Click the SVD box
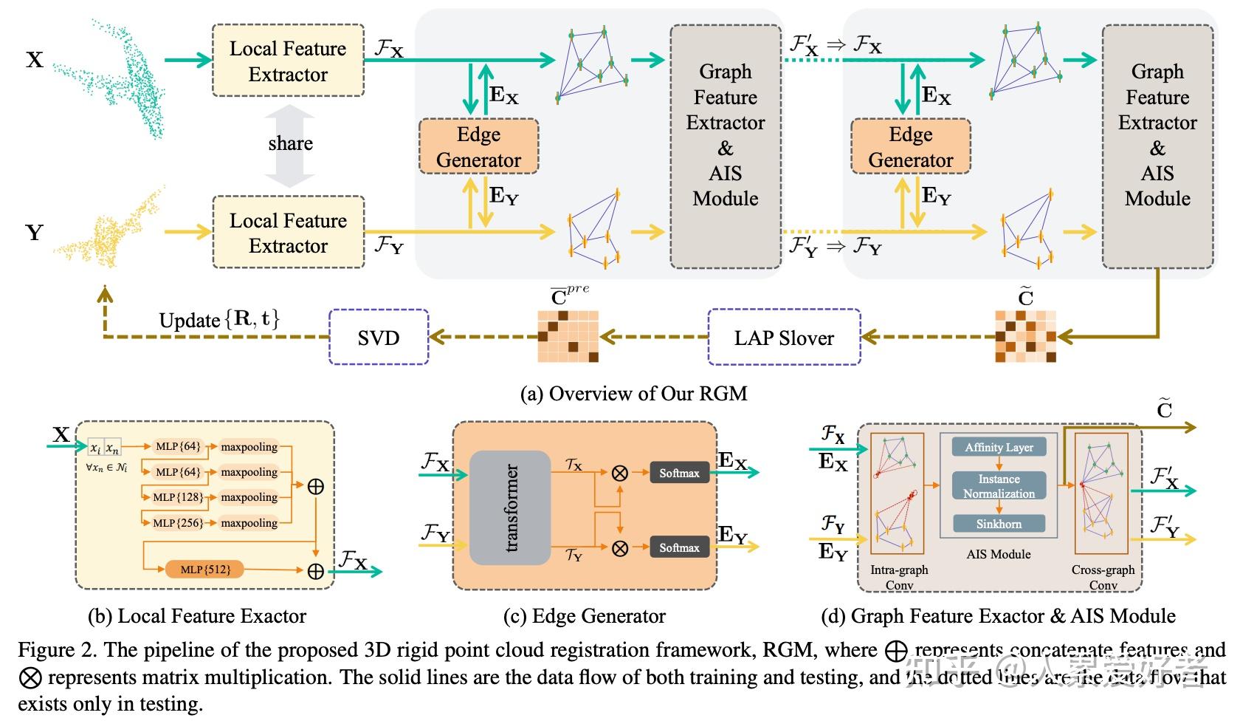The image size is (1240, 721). pos(379,338)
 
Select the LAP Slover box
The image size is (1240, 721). pos(784,338)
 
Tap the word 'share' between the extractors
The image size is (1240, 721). pos(290,143)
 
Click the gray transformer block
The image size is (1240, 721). pos(510,508)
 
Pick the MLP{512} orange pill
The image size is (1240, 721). pos(204,570)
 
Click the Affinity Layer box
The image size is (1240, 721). pos(999,447)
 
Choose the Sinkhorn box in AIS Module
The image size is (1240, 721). pos(999,524)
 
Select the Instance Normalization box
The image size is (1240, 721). pos(999,486)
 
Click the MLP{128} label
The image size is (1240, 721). pos(177,497)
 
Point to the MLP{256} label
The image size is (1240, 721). pos(177,523)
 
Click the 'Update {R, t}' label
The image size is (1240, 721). pos(219,320)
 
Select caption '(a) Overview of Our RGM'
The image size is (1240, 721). pos(633,394)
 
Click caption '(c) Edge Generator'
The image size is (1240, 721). pos(584,616)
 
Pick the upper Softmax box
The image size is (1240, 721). pos(679,473)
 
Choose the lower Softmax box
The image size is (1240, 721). pos(679,547)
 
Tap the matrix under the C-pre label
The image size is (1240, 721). pos(567,337)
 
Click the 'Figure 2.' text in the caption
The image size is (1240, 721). pos(58,650)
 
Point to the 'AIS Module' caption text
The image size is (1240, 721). pos(999,554)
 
